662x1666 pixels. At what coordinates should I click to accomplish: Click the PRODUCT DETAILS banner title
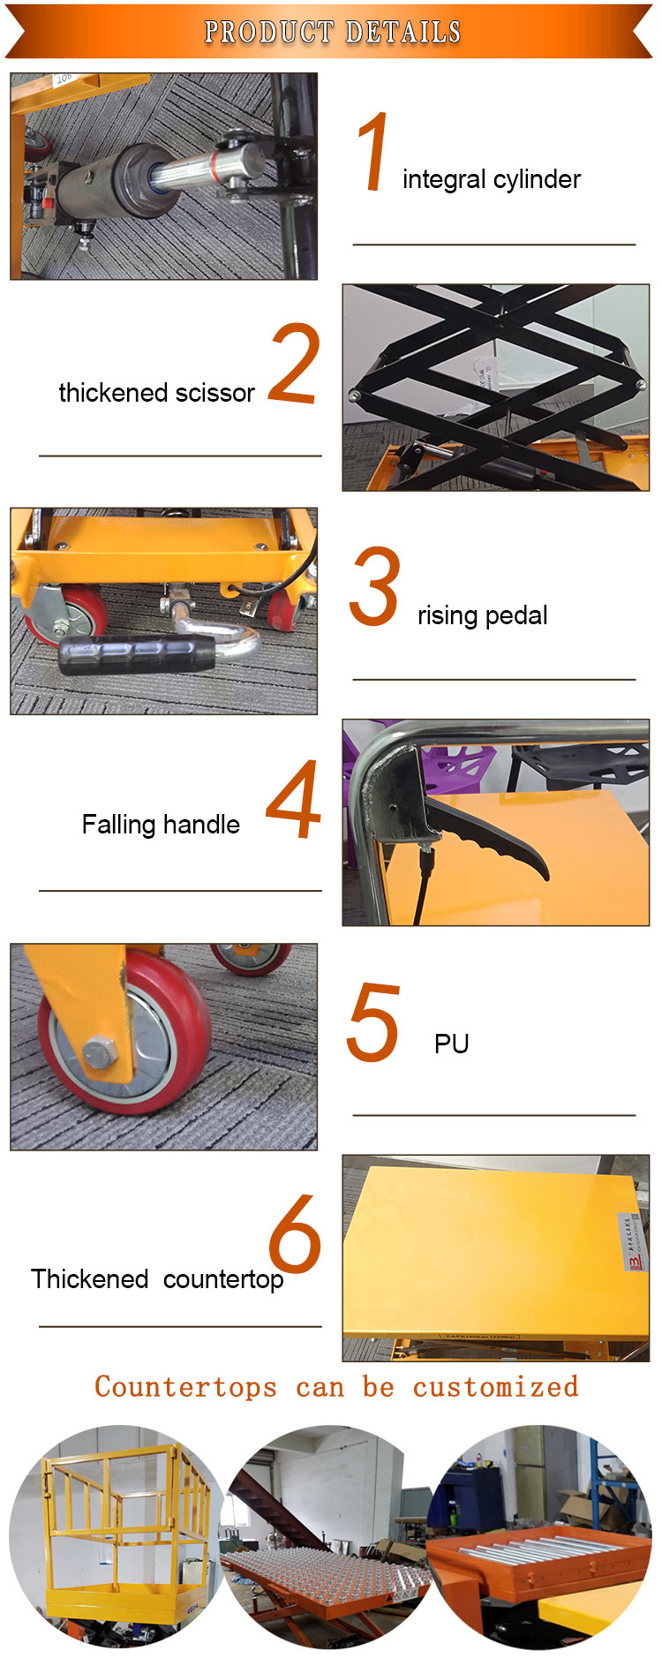coord(333,32)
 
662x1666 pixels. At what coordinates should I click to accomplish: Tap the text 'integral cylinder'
coord(492,179)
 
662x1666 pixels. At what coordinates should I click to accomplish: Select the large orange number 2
coord(293,363)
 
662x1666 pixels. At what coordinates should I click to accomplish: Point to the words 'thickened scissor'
coord(156,393)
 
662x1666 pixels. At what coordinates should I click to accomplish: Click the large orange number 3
coord(374,585)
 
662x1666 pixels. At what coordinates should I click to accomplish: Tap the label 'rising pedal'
coord(482,615)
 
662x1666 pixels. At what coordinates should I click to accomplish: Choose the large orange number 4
coord(293,800)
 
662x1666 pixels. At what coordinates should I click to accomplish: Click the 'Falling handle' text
coord(161,825)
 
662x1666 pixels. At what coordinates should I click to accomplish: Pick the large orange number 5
coord(373,1022)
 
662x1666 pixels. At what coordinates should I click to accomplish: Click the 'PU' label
coord(451,1044)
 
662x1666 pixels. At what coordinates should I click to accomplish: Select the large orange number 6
coord(294,1233)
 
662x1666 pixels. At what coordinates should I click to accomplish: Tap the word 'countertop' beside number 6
coord(223,1279)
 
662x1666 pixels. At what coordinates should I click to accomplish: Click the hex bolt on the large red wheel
coord(98,1052)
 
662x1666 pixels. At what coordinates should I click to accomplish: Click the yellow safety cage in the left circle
coord(124,1519)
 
